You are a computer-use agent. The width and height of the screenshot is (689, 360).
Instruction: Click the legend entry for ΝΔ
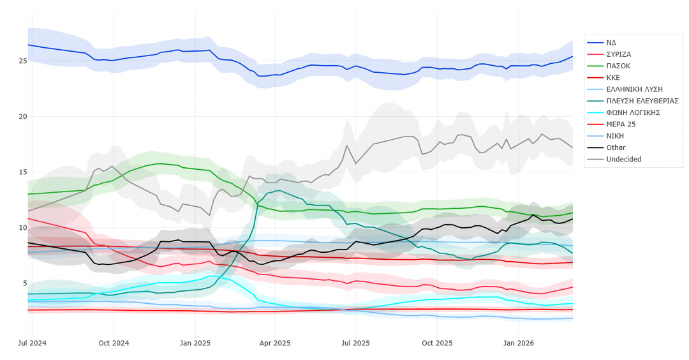(611, 43)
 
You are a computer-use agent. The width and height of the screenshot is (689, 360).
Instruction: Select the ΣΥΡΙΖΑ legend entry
(619, 54)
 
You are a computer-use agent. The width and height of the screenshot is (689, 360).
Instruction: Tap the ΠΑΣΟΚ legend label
(618, 66)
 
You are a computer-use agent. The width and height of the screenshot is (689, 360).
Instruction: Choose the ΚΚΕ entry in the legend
(614, 77)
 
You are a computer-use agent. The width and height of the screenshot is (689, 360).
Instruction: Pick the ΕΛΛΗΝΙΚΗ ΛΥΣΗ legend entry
(634, 89)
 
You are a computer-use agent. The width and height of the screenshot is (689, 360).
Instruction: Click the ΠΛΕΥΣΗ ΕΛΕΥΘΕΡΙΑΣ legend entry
(642, 101)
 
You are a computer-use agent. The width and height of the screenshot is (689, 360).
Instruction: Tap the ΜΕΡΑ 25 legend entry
(621, 124)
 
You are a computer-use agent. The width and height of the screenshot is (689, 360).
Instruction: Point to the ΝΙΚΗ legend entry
(615, 136)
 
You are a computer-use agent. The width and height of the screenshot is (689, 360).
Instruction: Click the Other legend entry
(616, 147)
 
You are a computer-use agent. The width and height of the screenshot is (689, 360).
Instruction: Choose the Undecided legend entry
(623, 159)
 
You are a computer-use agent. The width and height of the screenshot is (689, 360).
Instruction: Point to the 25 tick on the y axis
(22, 61)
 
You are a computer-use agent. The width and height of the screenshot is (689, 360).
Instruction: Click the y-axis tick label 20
(22, 117)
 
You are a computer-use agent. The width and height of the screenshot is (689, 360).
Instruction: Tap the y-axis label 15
(22, 172)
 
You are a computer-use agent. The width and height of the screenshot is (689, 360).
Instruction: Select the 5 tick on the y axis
(24, 283)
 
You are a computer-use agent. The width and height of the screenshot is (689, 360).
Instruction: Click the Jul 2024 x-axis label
(32, 343)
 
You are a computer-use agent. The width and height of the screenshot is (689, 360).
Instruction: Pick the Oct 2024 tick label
(114, 343)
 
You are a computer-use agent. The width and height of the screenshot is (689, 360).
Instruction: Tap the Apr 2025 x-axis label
(275, 343)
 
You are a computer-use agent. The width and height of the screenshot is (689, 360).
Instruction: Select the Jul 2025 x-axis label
(355, 343)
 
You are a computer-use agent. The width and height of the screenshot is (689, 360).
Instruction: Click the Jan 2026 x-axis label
(518, 343)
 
